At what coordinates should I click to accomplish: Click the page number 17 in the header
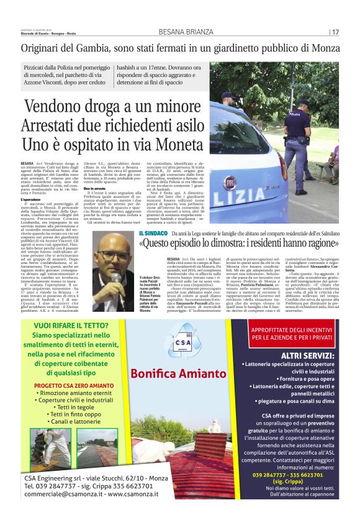click(335, 32)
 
